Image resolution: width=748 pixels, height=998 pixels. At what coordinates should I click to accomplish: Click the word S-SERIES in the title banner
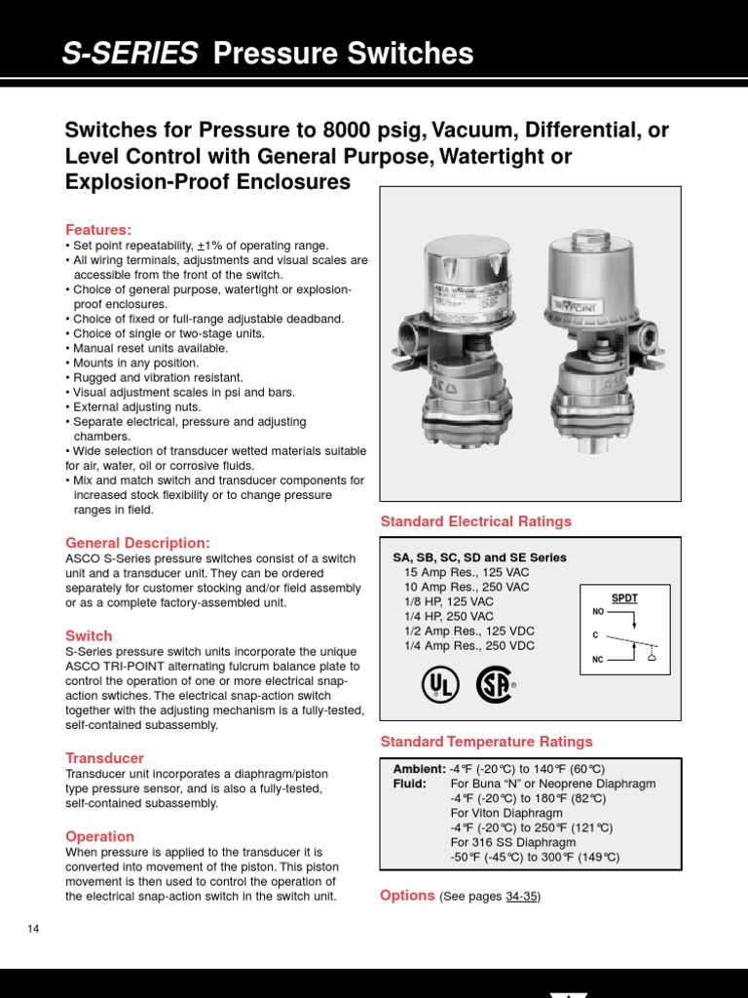click(130, 54)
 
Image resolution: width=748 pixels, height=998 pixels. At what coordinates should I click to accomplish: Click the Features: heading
click(97, 229)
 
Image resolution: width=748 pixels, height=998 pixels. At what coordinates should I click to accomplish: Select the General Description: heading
click(137, 542)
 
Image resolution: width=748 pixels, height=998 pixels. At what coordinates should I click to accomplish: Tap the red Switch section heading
click(89, 635)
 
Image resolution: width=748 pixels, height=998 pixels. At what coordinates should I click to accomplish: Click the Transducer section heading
click(104, 757)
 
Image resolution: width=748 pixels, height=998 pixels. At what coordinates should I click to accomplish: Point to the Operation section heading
click(99, 836)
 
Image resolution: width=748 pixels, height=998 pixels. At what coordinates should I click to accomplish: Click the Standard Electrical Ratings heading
click(475, 521)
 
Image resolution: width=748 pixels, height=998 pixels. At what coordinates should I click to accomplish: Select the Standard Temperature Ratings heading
click(486, 742)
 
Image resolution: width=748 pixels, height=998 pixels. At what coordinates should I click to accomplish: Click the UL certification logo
click(440, 685)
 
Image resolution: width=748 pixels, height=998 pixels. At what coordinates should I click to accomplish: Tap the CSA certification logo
click(494, 685)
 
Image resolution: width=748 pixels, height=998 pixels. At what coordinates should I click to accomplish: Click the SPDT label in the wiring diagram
click(624, 597)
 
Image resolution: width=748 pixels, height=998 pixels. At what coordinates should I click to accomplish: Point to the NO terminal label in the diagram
click(598, 612)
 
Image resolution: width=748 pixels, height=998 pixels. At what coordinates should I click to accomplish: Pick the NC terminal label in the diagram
click(598, 660)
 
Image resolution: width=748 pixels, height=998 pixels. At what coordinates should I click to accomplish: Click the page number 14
click(33, 929)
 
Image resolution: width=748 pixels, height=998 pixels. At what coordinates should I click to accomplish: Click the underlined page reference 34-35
click(521, 897)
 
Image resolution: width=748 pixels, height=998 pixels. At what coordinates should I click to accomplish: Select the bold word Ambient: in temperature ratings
click(419, 768)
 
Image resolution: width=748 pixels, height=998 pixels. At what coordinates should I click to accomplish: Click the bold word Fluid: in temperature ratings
click(409, 784)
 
